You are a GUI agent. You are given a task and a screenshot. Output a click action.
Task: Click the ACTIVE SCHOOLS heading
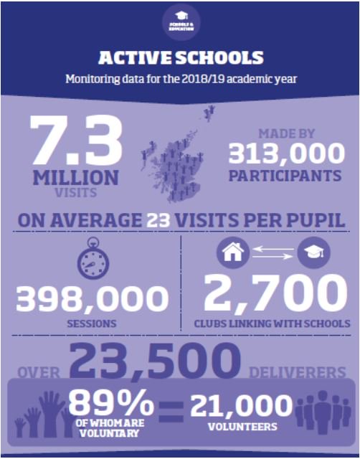coord(180,58)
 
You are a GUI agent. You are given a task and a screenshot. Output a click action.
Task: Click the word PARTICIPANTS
coord(285,175)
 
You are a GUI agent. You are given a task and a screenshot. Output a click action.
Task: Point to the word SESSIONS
coord(92,324)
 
